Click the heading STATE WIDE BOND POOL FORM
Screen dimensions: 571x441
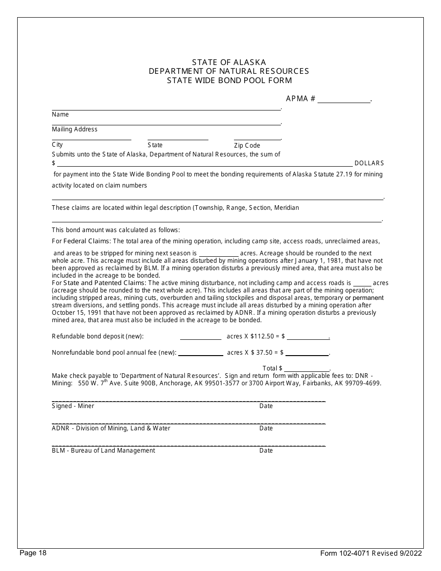[x=229, y=80]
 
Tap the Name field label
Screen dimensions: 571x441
[x=60, y=115]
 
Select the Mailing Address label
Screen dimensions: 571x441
[x=75, y=130]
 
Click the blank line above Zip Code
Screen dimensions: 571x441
[x=257, y=139]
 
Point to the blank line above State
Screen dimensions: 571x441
[x=178, y=139]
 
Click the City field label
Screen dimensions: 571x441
[x=57, y=145]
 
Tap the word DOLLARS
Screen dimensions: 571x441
[x=369, y=163]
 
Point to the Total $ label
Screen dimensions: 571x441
[x=272, y=368]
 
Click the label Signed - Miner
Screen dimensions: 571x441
[x=73, y=406]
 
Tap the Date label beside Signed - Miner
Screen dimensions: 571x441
[x=266, y=406]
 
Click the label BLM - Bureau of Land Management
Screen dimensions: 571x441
[x=104, y=450]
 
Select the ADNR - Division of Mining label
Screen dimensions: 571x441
[x=111, y=428]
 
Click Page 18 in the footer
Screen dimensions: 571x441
[x=33, y=553]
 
